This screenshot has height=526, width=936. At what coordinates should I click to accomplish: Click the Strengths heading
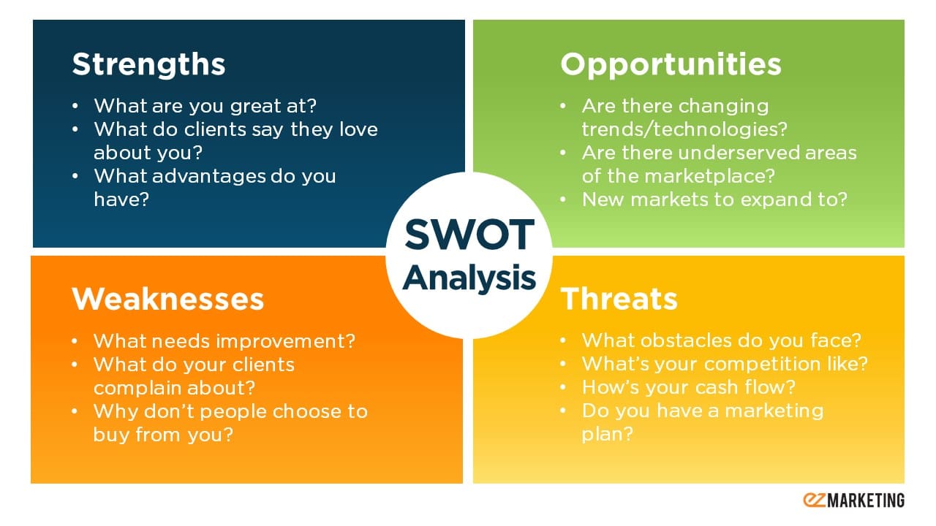148,64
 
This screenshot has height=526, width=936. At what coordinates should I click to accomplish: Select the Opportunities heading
671,64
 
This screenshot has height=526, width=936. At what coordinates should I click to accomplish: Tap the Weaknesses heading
167,299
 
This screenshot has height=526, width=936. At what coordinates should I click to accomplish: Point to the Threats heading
619,299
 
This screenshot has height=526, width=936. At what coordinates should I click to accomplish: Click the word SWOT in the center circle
469,235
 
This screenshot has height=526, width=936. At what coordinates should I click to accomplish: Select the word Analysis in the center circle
469,278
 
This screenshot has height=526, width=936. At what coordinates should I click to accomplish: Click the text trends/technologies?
684,129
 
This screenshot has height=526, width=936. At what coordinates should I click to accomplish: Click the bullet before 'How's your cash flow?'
562,387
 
